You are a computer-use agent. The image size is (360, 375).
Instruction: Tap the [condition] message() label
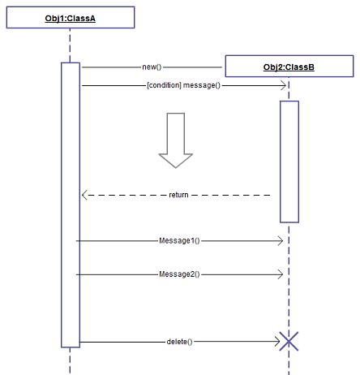coord(183,84)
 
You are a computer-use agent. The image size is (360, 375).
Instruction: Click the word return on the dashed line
coord(178,195)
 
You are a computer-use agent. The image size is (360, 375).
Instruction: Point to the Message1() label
coord(179,241)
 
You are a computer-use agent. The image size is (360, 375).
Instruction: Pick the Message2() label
coord(179,274)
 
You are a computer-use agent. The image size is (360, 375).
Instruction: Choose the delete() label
coord(179,342)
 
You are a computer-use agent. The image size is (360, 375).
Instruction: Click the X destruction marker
coord(289,342)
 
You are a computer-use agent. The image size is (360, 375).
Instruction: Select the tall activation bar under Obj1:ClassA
coord(70,203)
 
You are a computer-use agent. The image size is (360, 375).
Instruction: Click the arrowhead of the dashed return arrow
coord(85,195)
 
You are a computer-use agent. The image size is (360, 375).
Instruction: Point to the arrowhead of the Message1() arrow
coord(280,241)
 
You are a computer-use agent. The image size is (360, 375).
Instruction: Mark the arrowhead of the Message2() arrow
coord(280,274)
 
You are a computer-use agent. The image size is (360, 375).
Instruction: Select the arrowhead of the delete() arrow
coord(276,342)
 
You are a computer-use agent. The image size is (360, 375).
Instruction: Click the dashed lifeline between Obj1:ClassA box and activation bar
coord(70,45)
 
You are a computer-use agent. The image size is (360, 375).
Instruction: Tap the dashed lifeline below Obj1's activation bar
coord(70,359)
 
